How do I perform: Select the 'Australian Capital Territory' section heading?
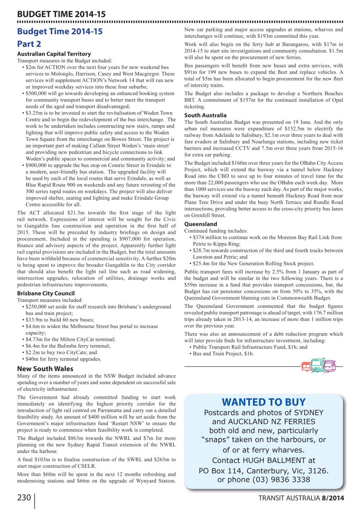pyautogui.click(x=54, y=54)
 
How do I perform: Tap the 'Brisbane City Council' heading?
pyautogui.click(x=46, y=293)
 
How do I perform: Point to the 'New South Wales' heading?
pyautogui.click(x=45, y=369)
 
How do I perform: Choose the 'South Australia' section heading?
pyautogui.click(x=206, y=115)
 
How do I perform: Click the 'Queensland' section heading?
pyautogui.click(x=201, y=224)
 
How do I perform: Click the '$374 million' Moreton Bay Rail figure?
pyautogui.click(x=207, y=237)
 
